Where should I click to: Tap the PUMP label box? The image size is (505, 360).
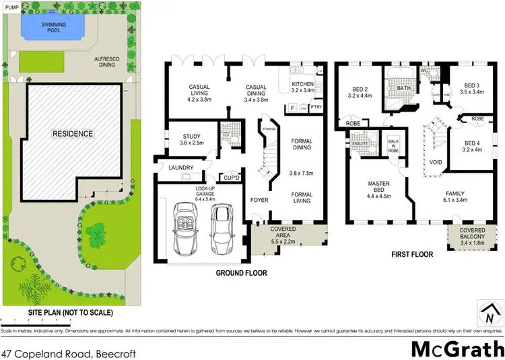click(11, 7)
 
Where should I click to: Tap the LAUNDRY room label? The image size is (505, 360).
click(181, 168)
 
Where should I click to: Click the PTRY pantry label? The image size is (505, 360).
click(317, 108)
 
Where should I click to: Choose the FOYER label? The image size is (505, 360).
click(260, 200)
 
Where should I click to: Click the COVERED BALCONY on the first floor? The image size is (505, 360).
click(464, 236)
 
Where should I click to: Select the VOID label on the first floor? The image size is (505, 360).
click(436, 161)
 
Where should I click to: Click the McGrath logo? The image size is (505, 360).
click(457, 349)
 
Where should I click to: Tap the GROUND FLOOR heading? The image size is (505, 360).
click(241, 273)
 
